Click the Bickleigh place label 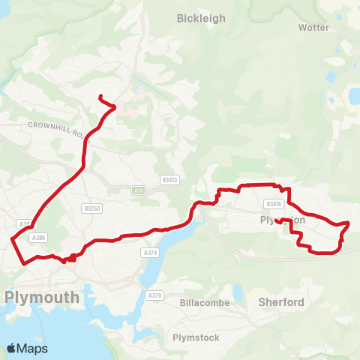tap(200, 18)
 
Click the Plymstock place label tap(196, 337)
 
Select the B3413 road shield tap(169, 180)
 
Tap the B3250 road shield tap(93, 208)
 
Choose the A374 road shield tap(149, 253)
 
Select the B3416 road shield tap(273, 203)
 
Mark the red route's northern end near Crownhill tap(100, 96)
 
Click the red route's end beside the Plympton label tap(277, 220)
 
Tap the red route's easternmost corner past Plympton tap(349, 223)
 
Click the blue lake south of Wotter tap(353, 95)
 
